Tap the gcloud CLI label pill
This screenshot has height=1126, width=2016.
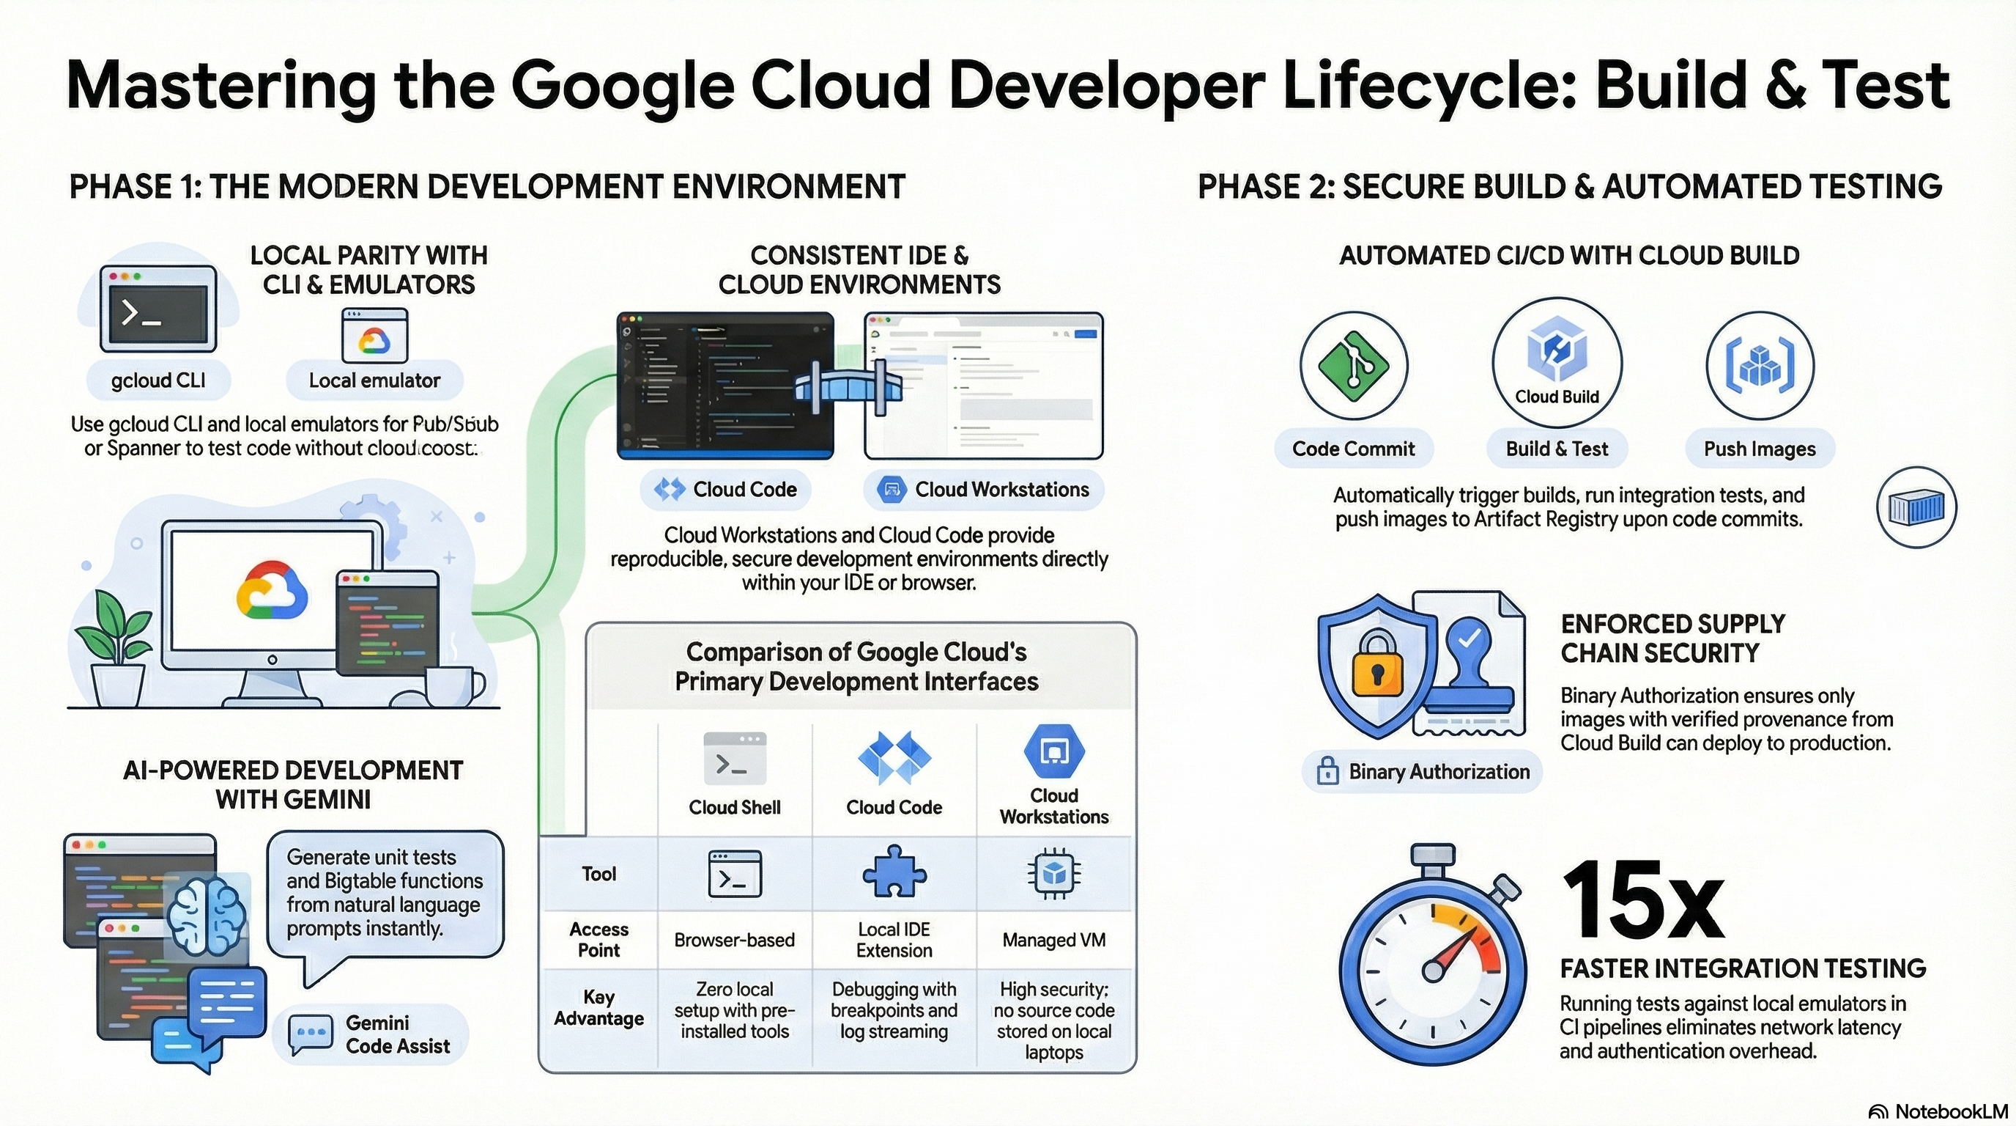click(x=159, y=380)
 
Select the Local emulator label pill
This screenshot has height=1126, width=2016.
click(x=374, y=380)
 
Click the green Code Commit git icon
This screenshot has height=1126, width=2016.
click(x=1353, y=365)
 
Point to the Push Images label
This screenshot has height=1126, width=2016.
click(x=1760, y=449)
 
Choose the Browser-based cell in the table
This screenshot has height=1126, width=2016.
click(x=734, y=940)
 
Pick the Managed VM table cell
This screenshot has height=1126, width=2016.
click(x=1053, y=940)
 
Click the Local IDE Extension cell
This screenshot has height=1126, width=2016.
click(x=894, y=940)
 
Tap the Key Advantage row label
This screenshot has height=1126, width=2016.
click(x=598, y=1008)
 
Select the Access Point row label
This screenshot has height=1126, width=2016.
click(x=598, y=940)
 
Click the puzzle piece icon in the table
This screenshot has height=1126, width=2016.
click(x=894, y=872)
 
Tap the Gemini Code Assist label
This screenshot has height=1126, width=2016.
click(x=398, y=1034)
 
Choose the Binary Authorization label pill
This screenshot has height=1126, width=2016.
click(x=1421, y=771)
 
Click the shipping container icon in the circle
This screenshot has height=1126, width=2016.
click(x=1916, y=508)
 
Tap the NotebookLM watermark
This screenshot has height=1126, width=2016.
click(x=1938, y=1111)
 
